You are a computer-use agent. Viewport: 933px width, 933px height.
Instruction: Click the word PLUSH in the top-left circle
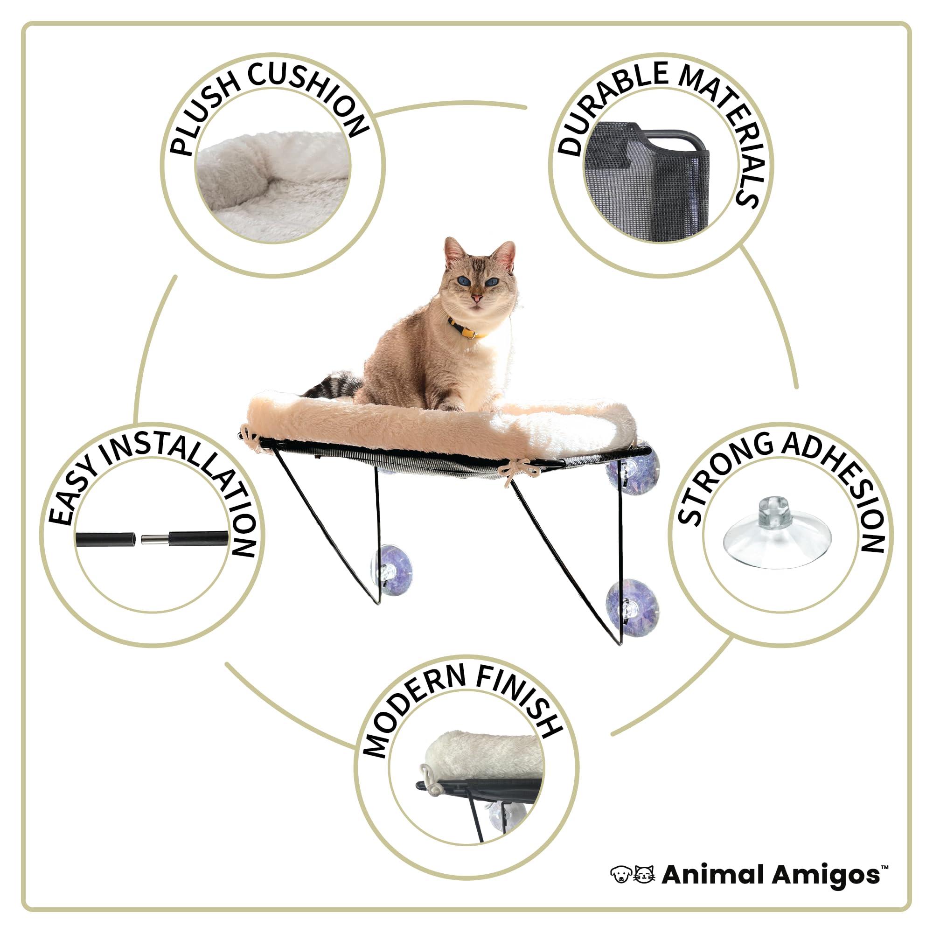click(x=203, y=116)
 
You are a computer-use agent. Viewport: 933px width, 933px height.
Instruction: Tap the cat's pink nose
click(x=477, y=298)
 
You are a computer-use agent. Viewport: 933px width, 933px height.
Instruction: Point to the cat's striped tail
click(x=333, y=384)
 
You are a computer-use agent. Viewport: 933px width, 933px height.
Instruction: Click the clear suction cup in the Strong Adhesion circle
click(x=777, y=536)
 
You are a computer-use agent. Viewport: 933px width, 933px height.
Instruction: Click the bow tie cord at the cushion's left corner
click(x=251, y=437)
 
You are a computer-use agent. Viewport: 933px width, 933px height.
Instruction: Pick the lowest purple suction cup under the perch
click(x=633, y=607)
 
